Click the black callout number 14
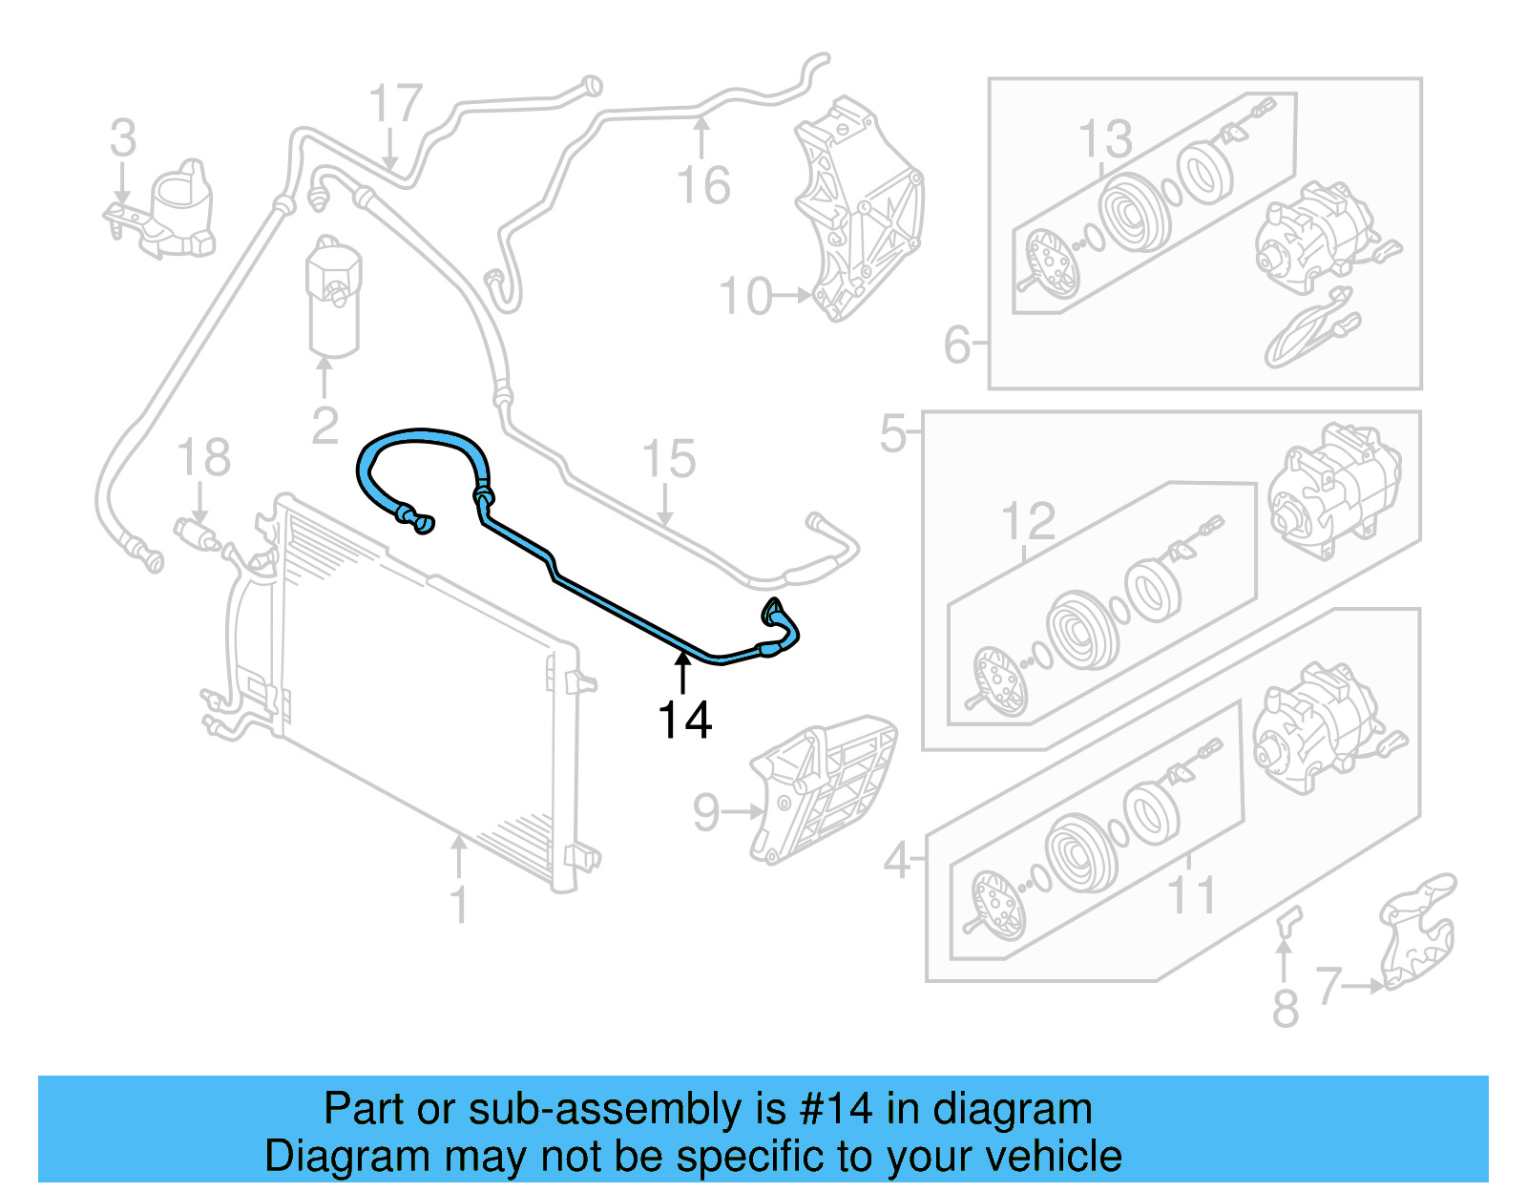click(x=684, y=721)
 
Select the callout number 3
click(x=122, y=138)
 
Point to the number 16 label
click(x=702, y=185)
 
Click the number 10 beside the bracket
click(x=745, y=297)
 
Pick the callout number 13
click(x=1104, y=139)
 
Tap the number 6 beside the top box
click(x=956, y=345)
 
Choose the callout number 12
click(x=1028, y=522)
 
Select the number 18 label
click(x=203, y=457)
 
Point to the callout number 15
click(x=668, y=459)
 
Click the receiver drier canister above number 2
click(x=334, y=296)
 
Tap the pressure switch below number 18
click(x=195, y=533)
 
